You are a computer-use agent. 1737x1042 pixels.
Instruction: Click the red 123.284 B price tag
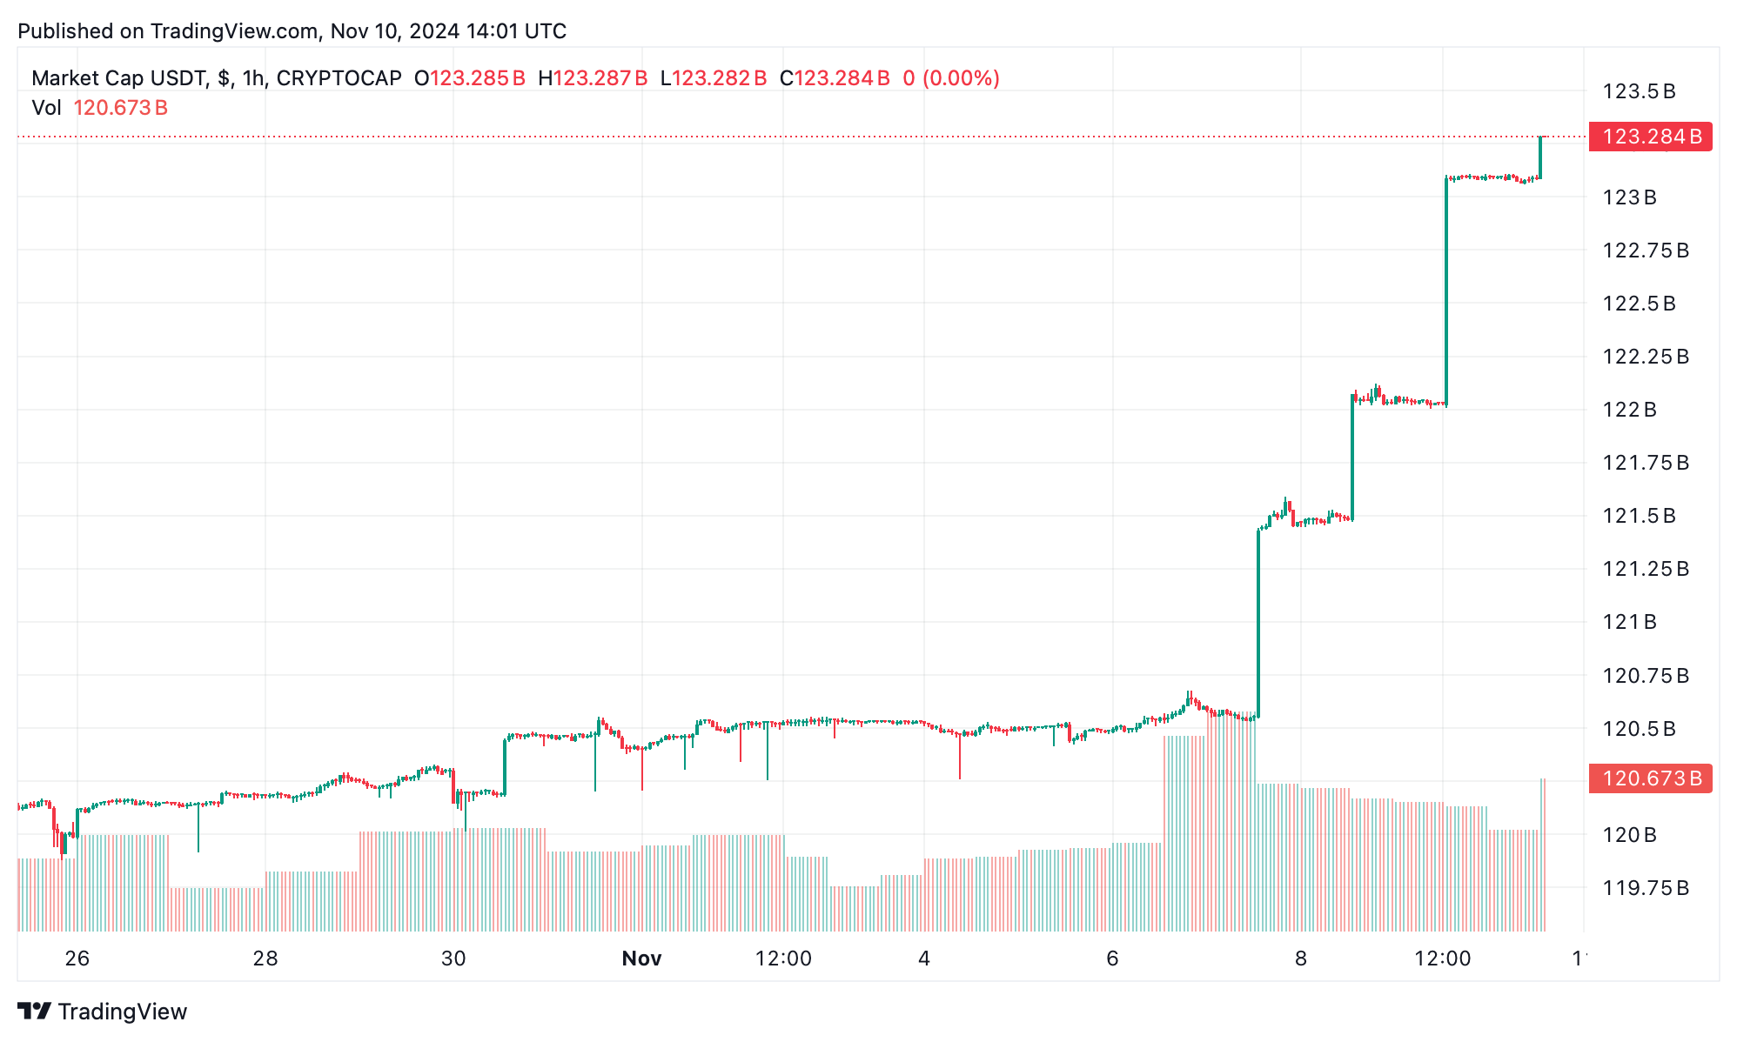pyautogui.click(x=1650, y=137)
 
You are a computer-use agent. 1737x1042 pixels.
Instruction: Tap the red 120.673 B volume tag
pyautogui.click(x=1650, y=778)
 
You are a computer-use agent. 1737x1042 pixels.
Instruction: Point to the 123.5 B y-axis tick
pyautogui.click(x=1639, y=91)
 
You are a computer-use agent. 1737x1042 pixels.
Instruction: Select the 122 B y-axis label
pyautogui.click(x=1629, y=410)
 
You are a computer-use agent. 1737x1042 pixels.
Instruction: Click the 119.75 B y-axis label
pyautogui.click(x=1645, y=888)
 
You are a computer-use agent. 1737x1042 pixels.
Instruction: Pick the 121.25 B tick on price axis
pyautogui.click(x=1645, y=569)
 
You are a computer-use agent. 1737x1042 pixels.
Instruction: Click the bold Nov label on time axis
pyautogui.click(x=641, y=959)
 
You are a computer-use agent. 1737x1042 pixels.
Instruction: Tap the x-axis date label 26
pyautogui.click(x=77, y=959)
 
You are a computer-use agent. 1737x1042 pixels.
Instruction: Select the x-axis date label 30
pyautogui.click(x=453, y=959)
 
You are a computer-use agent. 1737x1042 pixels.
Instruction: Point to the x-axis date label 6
pyautogui.click(x=1112, y=959)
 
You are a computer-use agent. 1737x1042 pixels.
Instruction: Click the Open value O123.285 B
pyautogui.click(x=470, y=78)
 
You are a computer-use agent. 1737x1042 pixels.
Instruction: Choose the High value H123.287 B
pyautogui.click(x=593, y=78)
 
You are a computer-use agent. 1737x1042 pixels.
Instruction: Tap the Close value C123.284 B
pyautogui.click(x=835, y=78)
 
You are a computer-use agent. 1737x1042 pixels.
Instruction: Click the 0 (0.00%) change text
pyautogui.click(x=951, y=78)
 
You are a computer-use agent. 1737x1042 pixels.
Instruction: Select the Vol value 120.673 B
pyautogui.click(x=120, y=108)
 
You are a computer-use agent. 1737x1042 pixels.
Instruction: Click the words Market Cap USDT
pyautogui.click(x=119, y=78)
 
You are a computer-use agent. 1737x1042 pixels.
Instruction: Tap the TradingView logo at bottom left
pyautogui.click(x=103, y=1012)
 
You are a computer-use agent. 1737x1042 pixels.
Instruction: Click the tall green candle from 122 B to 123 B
pyautogui.click(x=1446, y=291)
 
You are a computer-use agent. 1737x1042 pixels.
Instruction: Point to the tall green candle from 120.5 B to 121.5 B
pyautogui.click(x=1258, y=622)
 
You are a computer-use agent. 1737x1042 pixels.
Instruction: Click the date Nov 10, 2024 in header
pyautogui.click(x=394, y=31)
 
